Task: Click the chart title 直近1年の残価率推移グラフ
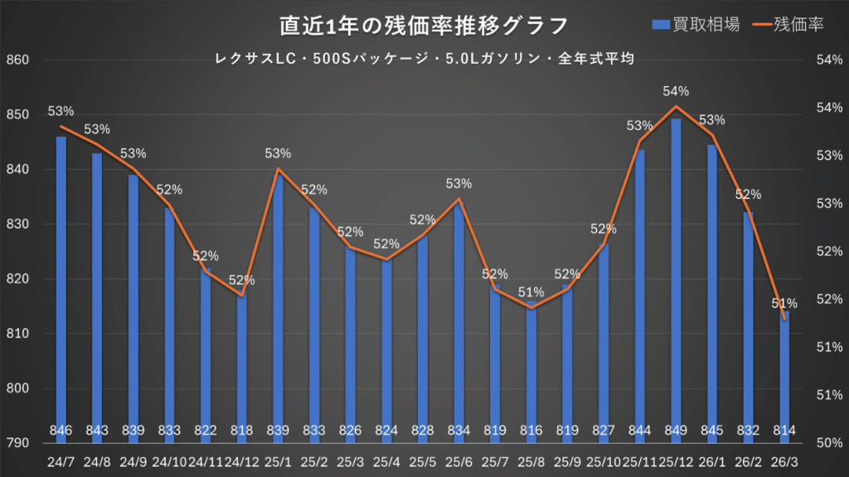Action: tap(424, 26)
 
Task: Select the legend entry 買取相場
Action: tap(705, 25)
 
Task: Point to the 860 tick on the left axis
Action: tap(17, 60)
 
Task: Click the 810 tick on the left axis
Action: tap(17, 334)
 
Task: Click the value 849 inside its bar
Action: tap(676, 430)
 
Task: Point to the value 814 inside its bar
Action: tap(784, 430)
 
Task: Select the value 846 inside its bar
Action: tap(61, 430)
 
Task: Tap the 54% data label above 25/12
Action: tap(676, 91)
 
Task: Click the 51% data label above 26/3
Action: tap(784, 303)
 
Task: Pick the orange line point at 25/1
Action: tap(278, 170)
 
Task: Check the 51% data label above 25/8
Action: tap(531, 292)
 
